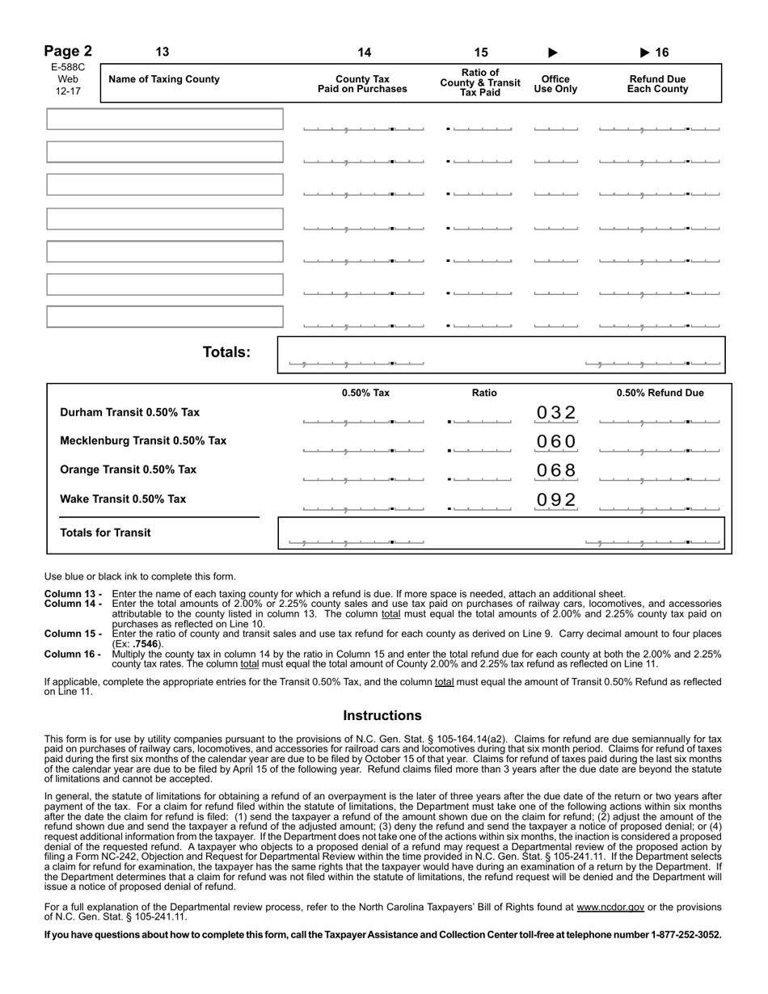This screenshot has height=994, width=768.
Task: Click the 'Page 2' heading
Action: click(x=68, y=52)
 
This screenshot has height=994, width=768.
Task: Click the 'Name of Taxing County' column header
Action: click(x=164, y=79)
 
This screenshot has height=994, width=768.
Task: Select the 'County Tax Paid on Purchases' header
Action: click(x=362, y=84)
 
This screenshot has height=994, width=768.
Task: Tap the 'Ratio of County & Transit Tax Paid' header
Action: click(x=480, y=82)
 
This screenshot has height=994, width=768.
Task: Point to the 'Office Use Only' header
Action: click(x=555, y=84)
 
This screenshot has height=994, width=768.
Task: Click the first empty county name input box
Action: click(x=165, y=119)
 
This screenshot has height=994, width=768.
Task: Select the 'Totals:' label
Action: click(x=226, y=352)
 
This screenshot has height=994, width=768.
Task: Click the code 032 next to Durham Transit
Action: click(x=556, y=413)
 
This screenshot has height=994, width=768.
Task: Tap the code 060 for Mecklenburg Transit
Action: click(x=556, y=441)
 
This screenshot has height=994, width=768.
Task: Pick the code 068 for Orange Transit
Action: click(x=556, y=470)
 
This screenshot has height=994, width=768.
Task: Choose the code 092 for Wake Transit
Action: click(x=556, y=499)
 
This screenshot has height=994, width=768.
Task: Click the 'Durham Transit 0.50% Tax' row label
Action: click(x=129, y=412)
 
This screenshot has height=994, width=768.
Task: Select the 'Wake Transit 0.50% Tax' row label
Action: click(x=123, y=499)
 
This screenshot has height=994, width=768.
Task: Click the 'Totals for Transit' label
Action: click(x=105, y=533)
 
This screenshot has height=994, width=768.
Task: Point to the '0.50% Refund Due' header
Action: click(x=660, y=393)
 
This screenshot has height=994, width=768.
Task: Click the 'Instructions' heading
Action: click(x=382, y=715)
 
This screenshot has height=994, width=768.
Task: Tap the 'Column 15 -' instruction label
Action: click(x=73, y=634)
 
